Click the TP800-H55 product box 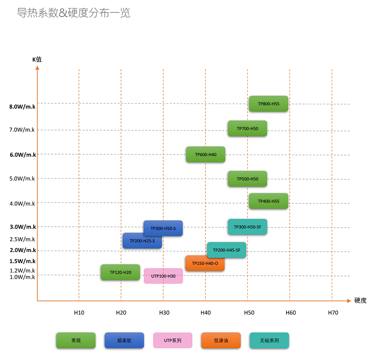coord(268,104)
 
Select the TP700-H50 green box coord(247,128)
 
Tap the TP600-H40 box coord(206,155)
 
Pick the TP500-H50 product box coord(247,179)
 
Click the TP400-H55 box coord(268,201)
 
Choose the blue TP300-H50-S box coord(163,228)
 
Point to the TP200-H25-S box coord(142,240)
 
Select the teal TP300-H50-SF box coord(247,227)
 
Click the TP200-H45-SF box coord(226,250)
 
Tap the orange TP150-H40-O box coord(205,263)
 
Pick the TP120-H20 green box coord(120,272)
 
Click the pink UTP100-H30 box coord(163,276)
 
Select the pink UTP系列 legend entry coord(173,341)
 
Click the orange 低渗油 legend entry coord(221,341)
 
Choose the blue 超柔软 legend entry coord(124,341)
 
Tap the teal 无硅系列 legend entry coord(269,341)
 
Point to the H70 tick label coord(333,312)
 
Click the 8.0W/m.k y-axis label coord(22,107)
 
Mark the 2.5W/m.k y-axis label coord(22,239)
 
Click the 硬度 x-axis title coord(360,300)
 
